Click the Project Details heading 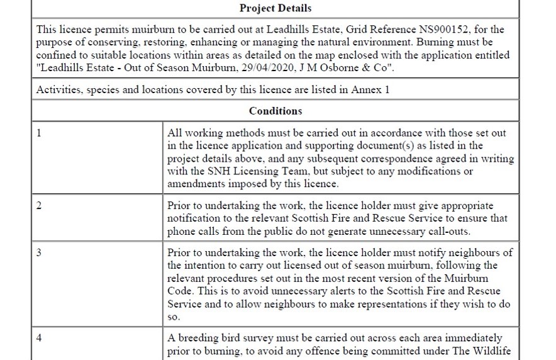[x=275, y=8]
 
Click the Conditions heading [x=275, y=111]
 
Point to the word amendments [x=195, y=184]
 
